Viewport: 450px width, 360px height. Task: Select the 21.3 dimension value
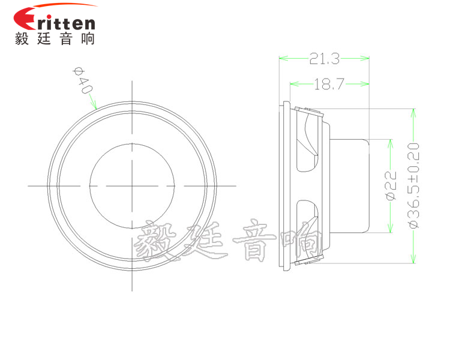[324, 58]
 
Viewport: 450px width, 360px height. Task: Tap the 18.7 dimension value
[328, 84]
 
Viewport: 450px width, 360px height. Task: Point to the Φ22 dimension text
[389, 185]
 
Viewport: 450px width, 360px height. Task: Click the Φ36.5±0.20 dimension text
[412, 185]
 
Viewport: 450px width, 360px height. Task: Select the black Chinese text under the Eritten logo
[55, 39]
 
